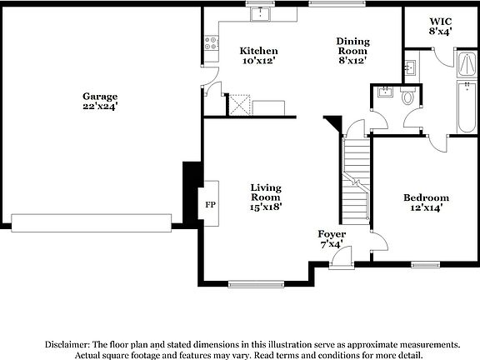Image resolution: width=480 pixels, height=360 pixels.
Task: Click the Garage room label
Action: (x=99, y=96)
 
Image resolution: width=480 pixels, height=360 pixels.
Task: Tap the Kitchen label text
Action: (x=258, y=51)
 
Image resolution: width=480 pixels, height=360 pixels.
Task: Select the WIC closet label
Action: (x=440, y=20)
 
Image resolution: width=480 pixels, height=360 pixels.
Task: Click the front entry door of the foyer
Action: (x=340, y=262)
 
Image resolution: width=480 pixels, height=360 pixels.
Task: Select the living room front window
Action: (x=255, y=283)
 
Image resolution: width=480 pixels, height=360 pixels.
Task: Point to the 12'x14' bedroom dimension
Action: (x=426, y=208)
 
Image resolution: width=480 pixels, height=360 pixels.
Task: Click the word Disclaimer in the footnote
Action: (x=67, y=344)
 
